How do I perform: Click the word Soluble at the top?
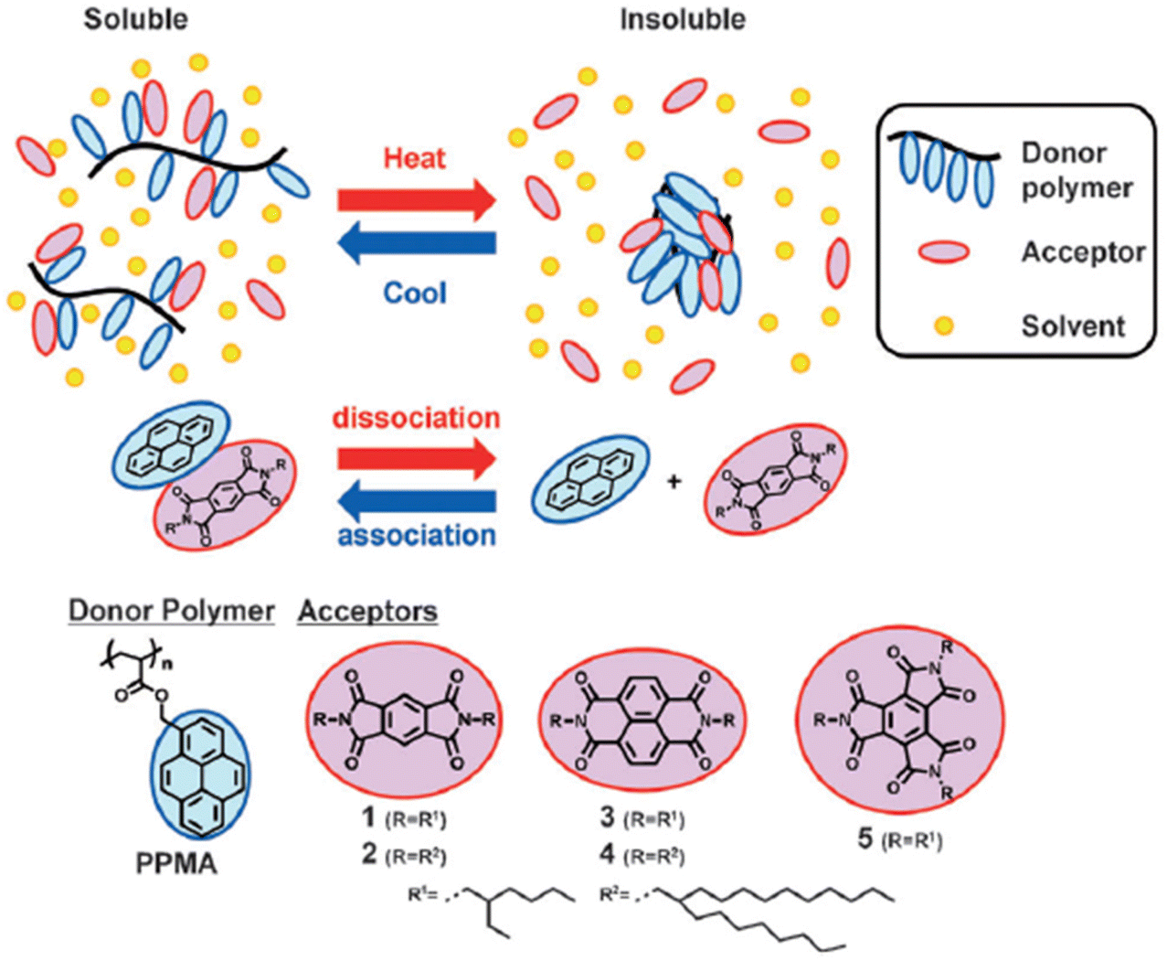pos(136,19)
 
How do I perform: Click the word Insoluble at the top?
pos(683,19)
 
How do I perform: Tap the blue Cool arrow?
pos(416,243)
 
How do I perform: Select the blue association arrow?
pos(416,501)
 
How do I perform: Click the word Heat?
pos(415,158)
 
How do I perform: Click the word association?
pos(417,535)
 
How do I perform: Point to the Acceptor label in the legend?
pos(1083,252)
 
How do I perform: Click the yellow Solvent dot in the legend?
pos(944,326)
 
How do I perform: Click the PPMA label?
pos(176,863)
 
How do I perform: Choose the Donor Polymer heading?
pos(172,611)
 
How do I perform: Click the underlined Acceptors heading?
pos(367,611)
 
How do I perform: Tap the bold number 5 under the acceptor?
pos(865,838)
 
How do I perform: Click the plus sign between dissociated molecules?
pos(674,482)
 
